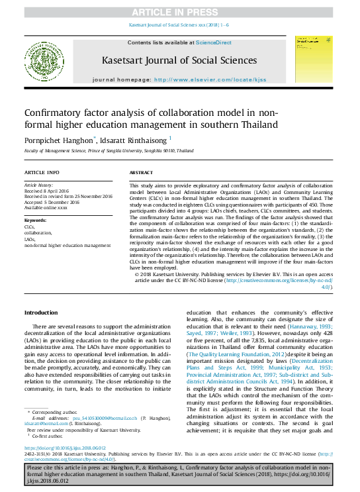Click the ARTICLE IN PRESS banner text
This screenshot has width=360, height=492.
click(180, 12)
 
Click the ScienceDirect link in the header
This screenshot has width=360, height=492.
click(213, 42)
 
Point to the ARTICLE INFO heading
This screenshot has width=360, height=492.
click(42, 172)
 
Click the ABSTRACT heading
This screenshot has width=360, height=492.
click(142, 172)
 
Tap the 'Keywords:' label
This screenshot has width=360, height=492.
click(36, 219)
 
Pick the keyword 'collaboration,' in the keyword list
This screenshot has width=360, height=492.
click(38, 233)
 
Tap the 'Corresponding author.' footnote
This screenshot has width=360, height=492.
click(55, 412)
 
